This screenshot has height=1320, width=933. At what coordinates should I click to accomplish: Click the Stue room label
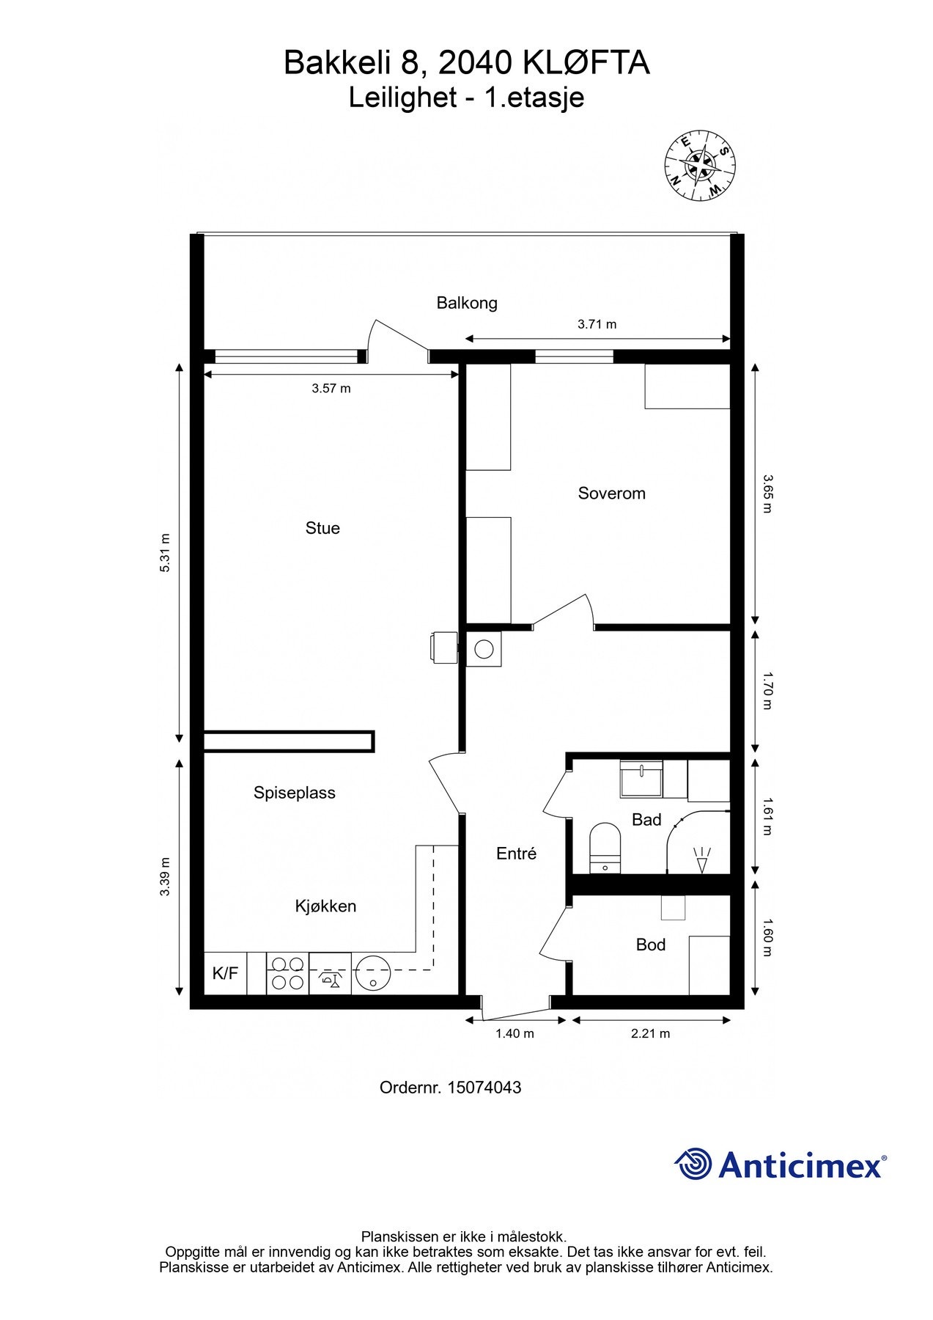pyautogui.click(x=322, y=528)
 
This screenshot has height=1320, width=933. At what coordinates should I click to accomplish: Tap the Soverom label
pyautogui.click(x=611, y=494)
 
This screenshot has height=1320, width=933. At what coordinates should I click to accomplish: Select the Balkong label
pyautogui.click(x=467, y=303)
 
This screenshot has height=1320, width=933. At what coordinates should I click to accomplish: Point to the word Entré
pyautogui.click(x=517, y=854)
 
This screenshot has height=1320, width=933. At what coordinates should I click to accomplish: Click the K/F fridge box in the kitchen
pyautogui.click(x=225, y=973)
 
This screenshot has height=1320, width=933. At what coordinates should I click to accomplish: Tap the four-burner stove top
pyautogui.click(x=287, y=973)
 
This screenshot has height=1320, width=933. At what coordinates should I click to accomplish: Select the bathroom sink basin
pyautogui.click(x=641, y=777)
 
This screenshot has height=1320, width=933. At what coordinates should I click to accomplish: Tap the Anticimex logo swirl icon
pyautogui.click(x=693, y=1165)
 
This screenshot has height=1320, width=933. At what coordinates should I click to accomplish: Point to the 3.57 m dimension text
pyautogui.click(x=331, y=389)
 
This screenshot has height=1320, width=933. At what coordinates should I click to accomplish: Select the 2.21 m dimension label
pyautogui.click(x=651, y=1034)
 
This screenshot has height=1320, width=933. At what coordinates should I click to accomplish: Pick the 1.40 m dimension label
pyautogui.click(x=515, y=1034)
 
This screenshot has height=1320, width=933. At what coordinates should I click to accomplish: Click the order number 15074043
pyautogui.click(x=483, y=1088)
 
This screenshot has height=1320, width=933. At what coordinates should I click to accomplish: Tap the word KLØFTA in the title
pyautogui.click(x=586, y=64)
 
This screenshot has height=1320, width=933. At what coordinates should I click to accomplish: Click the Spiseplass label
pyautogui.click(x=295, y=793)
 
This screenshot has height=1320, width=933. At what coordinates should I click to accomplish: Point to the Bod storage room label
pyautogui.click(x=651, y=945)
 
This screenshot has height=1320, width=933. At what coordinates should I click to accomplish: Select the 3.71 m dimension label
pyautogui.click(x=597, y=324)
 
